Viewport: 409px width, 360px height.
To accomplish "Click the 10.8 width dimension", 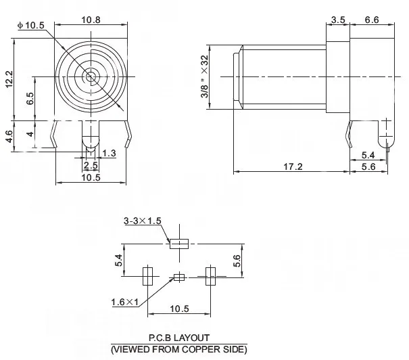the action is [91, 20].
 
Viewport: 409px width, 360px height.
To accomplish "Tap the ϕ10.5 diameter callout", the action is [31, 25].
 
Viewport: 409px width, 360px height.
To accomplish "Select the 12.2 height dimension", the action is [9, 79].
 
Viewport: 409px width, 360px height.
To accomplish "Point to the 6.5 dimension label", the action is [30, 98].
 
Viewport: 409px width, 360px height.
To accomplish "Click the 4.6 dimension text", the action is [9, 136].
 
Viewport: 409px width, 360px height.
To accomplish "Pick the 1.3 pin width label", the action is [109, 153].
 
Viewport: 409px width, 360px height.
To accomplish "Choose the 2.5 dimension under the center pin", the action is [91, 165].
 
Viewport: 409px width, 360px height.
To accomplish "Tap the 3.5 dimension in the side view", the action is [338, 20].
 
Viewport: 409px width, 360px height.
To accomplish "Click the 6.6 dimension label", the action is [372, 20].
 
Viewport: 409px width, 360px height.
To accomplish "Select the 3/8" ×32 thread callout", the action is [205, 76].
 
